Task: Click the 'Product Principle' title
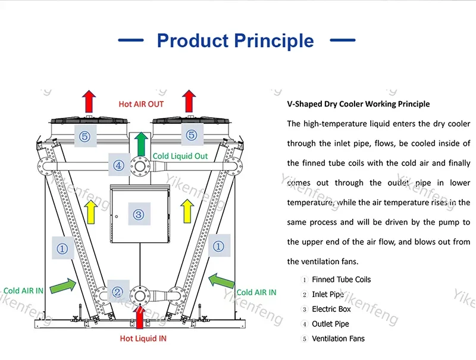tap(235, 40)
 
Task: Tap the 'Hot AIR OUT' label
tap(141, 104)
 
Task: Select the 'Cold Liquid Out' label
tap(180, 156)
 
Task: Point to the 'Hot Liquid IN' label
tap(144, 338)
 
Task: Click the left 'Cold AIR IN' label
tap(23, 291)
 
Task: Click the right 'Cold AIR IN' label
tap(256, 292)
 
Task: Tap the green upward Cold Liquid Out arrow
tap(140, 143)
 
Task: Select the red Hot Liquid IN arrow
tap(140, 316)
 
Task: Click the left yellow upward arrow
tap(90, 212)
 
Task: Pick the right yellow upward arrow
tap(187, 211)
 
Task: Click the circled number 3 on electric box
tap(139, 214)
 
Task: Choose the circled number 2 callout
tap(118, 292)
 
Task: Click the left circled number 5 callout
tap(84, 136)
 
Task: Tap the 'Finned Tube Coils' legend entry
tap(341, 279)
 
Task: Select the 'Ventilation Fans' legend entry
tap(338, 339)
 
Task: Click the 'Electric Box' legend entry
tap(331, 309)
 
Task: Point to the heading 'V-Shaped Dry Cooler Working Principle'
tap(358, 104)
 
